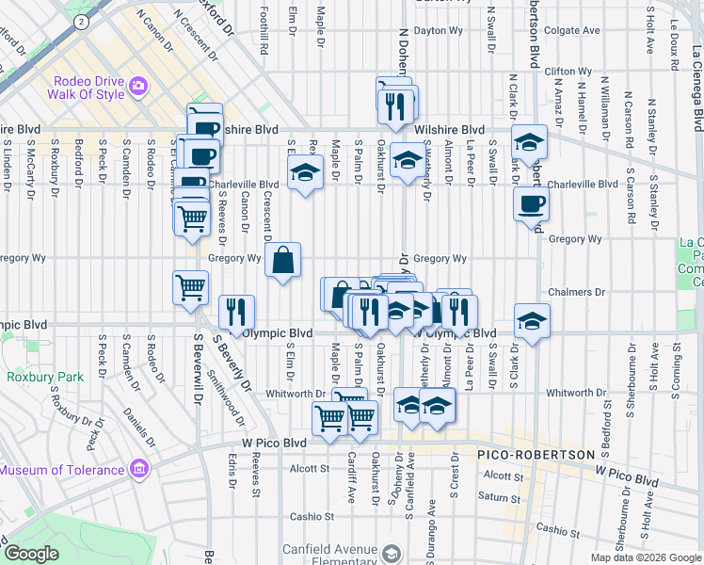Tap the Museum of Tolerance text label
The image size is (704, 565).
[61, 470]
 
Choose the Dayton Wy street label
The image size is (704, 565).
[441, 30]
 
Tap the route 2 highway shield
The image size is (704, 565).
[82, 20]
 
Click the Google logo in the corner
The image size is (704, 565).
[31, 554]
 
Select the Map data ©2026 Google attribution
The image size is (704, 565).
[646, 557]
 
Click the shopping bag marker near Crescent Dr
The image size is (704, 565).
[283, 259]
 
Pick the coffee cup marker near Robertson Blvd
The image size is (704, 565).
[531, 203]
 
